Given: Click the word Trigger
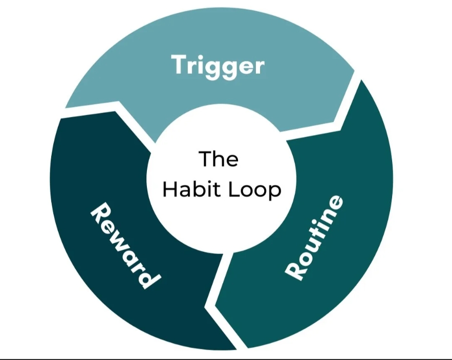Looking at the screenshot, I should [x=218, y=66].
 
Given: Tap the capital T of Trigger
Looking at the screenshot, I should [x=179, y=65].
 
